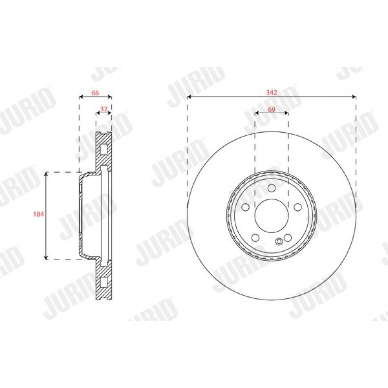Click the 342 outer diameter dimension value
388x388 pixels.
(x=272, y=93)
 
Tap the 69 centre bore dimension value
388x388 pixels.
(x=272, y=109)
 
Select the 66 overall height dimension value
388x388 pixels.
(x=95, y=93)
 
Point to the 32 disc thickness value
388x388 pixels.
(x=104, y=109)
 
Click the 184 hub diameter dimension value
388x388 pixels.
(x=38, y=214)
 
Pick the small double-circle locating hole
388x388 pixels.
(x=279, y=241)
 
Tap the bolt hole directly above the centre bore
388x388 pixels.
(x=272, y=188)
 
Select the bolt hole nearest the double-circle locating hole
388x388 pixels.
(x=288, y=238)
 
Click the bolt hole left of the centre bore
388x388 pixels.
(x=246, y=207)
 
